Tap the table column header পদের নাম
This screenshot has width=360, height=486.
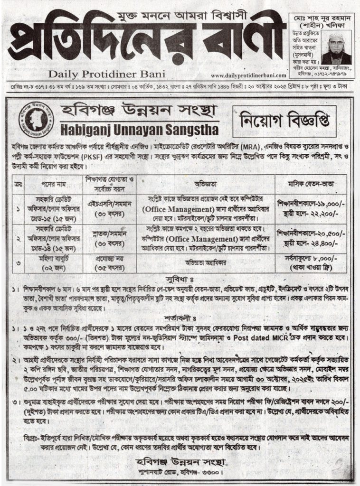pyautogui.click(x=47, y=183)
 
